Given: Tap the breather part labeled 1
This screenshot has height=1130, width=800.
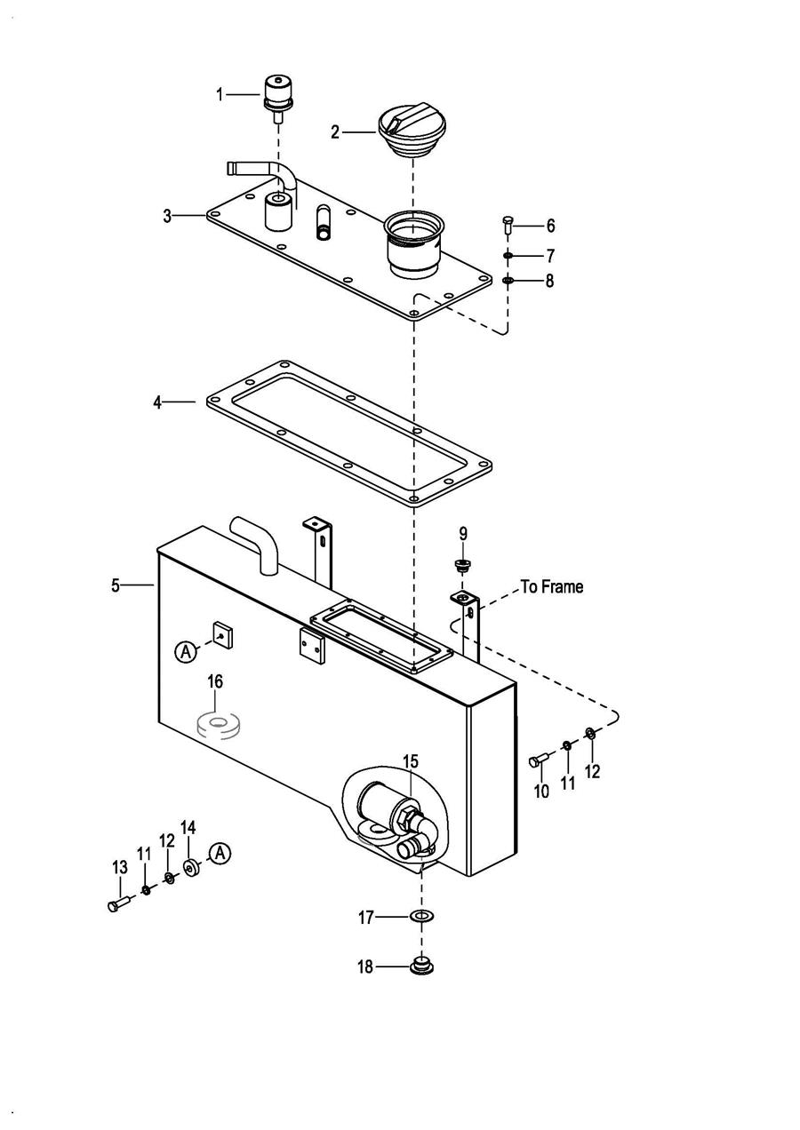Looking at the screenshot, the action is click(x=278, y=98).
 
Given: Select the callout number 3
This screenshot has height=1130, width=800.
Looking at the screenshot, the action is click(x=168, y=217).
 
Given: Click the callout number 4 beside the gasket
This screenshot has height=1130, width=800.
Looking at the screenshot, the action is click(x=157, y=402).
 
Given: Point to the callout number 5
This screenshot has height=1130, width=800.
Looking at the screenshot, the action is click(x=116, y=585).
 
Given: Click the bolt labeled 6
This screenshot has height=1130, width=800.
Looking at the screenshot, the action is click(x=508, y=224).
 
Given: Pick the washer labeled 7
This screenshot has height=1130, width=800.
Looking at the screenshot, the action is click(x=508, y=256).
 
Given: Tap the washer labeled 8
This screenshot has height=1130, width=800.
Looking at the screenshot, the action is click(x=508, y=280).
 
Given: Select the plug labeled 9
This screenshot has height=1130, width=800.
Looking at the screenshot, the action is click(x=460, y=566).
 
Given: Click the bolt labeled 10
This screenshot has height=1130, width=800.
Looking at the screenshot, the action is click(x=539, y=760).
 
